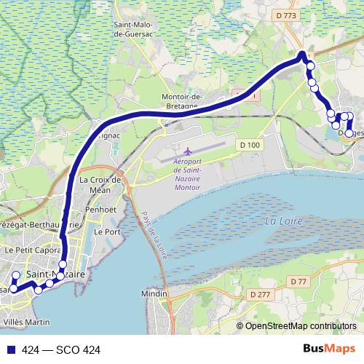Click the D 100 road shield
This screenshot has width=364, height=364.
[x=249, y=146]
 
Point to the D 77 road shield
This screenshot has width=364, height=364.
[x=298, y=282]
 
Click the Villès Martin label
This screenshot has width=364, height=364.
[x=27, y=321]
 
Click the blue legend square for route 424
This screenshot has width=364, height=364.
[x=8, y=349]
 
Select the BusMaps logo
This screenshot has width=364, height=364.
[x=330, y=349]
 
